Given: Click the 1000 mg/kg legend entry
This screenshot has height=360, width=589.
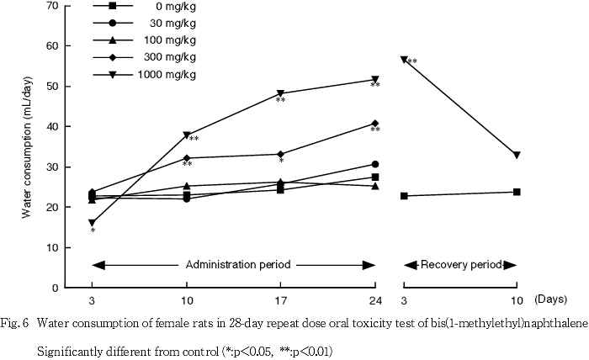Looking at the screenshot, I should click(x=167, y=74).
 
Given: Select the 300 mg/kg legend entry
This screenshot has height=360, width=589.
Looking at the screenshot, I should click(x=171, y=57).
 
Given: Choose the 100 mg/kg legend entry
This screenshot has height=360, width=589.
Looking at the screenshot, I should click(x=171, y=40).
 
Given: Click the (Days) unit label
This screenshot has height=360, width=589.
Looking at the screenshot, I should click(x=553, y=299).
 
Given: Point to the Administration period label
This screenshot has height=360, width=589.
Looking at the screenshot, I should click(x=238, y=264).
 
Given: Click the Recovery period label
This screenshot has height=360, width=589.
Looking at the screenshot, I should click(x=459, y=264).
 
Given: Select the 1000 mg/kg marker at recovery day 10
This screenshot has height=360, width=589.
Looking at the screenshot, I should click(x=516, y=155).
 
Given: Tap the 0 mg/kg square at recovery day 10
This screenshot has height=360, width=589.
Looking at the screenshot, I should click(x=516, y=192).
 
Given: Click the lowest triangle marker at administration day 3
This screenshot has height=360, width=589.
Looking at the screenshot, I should click(x=92, y=223).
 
